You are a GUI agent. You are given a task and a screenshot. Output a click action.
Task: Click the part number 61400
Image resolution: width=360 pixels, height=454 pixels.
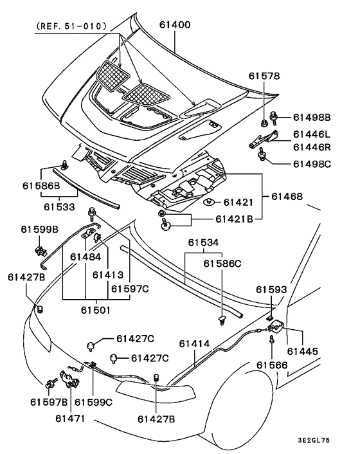[x=175, y=25]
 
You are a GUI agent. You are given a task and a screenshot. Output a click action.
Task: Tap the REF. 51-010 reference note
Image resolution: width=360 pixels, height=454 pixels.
[x=71, y=26]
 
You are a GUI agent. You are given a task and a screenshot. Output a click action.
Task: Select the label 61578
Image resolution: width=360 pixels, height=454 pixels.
[x=264, y=76]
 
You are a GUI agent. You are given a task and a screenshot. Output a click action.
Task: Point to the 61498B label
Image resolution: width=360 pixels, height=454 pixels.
[x=312, y=117]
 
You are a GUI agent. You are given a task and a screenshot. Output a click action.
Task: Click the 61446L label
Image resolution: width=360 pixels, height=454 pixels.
[x=311, y=134]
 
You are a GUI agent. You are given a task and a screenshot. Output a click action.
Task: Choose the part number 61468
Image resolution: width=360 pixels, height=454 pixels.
[x=287, y=197]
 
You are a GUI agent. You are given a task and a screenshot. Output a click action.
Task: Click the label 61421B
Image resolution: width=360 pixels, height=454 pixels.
[x=234, y=219]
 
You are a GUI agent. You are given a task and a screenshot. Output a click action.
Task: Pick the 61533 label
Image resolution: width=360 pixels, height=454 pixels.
[x=59, y=206]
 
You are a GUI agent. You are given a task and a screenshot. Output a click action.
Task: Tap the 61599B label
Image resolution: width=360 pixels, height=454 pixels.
[x=39, y=230]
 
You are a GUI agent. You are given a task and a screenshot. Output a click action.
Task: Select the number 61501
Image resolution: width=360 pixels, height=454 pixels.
[x=96, y=310]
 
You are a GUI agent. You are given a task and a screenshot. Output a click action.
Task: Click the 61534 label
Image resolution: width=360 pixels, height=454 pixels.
[x=203, y=242]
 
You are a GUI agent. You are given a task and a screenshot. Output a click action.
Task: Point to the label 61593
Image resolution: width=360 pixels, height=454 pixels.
[x=271, y=289]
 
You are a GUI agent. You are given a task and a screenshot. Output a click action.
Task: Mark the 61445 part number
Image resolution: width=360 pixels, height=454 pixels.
[x=302, y=351]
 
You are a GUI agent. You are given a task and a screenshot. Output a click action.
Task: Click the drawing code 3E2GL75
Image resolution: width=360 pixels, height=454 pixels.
[x=314, y=440]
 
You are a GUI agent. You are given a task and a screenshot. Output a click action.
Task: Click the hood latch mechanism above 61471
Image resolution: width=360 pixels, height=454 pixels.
[x=70, y=379]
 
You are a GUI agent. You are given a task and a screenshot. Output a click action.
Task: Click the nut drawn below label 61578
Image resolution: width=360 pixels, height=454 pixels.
[x=264, y=123]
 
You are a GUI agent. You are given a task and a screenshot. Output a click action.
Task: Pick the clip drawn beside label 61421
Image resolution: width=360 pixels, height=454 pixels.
[x=208, y=202]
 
